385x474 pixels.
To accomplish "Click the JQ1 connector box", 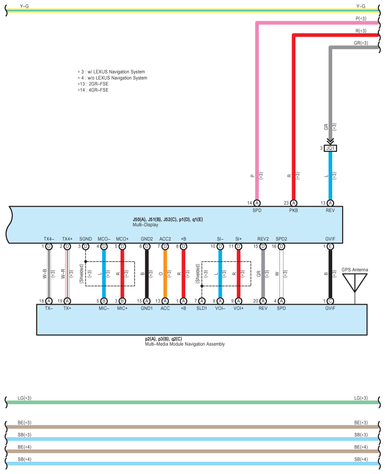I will point(330,148).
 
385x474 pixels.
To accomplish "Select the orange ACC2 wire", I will point(165,273).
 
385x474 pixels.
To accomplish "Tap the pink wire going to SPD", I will point(257,118).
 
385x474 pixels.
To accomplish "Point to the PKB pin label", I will point(294,210).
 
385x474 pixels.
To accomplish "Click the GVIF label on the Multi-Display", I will point(330,239).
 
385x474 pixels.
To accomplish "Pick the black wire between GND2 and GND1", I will point(147,273).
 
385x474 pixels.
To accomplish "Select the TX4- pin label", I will point(49,239).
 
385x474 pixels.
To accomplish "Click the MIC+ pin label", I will point(122,308).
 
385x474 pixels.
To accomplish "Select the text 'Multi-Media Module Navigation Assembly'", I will point(185,344).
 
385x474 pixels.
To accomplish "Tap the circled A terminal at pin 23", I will point(294,203).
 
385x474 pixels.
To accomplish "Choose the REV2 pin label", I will point(263,239).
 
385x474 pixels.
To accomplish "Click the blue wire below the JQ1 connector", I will point(330,175).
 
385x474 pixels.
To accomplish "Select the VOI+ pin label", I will point(238,308).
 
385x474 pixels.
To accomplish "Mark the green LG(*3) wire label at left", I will point(25,399).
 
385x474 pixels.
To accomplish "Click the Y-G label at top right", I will point(361,6).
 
